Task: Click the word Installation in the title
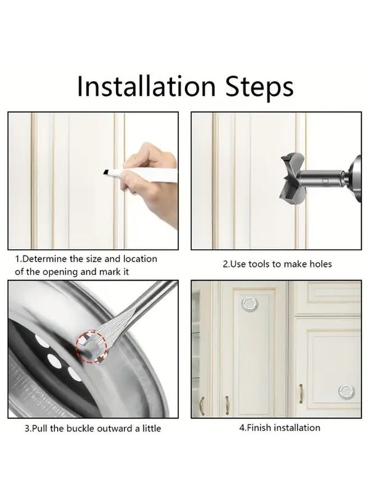pos(146,86)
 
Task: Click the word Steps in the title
pos(260,87)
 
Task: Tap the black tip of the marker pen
pos(106,172)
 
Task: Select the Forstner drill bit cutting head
pos(292,179)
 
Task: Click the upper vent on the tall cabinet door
pos(249,303)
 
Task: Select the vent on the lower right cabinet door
pos(346,391)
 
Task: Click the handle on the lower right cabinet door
pos(301,394)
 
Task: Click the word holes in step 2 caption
pos(321,264)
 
